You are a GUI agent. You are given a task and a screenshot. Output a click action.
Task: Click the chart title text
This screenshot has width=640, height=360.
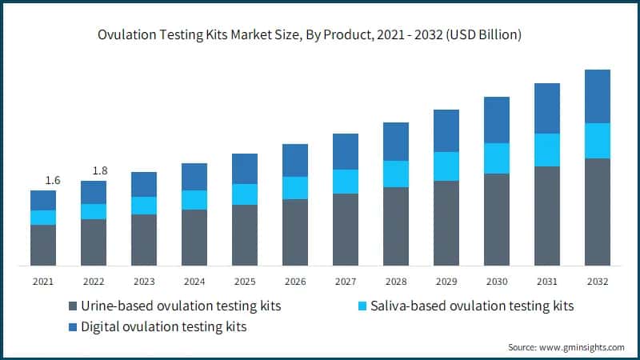(x=320, y=34)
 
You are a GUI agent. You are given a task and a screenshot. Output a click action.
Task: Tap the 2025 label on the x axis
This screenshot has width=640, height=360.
(x=244, y=282)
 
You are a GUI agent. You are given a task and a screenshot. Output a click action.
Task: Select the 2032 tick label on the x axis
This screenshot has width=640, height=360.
(x=597, y=282)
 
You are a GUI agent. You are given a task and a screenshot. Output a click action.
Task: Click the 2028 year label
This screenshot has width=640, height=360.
(x=395, y=282)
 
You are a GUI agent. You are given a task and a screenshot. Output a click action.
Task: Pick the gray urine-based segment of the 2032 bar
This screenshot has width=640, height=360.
(x=597, y=212)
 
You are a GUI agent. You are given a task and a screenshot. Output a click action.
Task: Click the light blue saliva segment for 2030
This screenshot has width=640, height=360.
(x=496, y=158)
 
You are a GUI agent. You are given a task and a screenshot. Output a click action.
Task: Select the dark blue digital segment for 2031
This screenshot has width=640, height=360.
(x=546, y=108)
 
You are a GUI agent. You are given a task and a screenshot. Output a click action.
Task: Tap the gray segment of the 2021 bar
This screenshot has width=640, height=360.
(x=42, y=246)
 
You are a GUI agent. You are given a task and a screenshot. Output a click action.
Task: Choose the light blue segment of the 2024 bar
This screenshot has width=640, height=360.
(x=194, y=200)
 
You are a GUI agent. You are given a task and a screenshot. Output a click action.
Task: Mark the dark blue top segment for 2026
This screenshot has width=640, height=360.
(x=294, y=160)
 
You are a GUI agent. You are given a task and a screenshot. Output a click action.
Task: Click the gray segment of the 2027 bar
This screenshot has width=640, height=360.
(x=345, y=230)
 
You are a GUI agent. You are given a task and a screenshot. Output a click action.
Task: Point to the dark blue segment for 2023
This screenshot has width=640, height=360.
(x=143, y=184)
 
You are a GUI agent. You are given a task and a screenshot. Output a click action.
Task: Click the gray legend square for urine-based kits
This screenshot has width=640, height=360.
(x=74, y=306)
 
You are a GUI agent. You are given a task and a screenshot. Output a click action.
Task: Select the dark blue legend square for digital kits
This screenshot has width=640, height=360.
(x=74, y=327)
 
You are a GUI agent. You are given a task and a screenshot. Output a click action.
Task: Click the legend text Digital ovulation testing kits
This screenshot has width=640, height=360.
(x=164, y=327)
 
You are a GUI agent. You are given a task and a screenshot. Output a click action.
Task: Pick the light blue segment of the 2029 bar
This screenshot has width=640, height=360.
(x=446, y=166)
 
